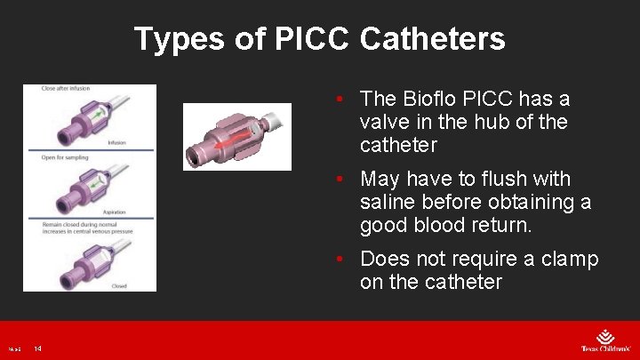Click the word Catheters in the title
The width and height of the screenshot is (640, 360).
[433, 39]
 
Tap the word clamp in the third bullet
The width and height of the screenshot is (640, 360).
[570, 260]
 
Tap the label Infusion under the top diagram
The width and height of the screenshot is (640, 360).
[116, 142]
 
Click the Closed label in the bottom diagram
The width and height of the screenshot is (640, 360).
[118, 285]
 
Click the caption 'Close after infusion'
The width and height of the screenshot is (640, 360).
[66, 89]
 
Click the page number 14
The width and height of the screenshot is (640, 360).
[38, 348]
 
